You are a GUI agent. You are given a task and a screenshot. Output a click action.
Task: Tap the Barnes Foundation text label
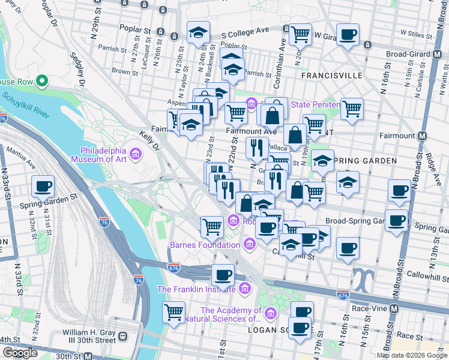pyautogui.click(x=205, y=245)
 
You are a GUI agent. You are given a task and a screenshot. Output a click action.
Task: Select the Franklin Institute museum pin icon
pyautogui.click(x=244, y=289)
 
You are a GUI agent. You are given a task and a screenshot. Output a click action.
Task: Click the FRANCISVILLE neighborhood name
pyautogui.click(x=332, y=76)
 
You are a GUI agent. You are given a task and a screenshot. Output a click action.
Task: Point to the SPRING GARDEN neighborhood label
pyautogui.click(x=365, y=161)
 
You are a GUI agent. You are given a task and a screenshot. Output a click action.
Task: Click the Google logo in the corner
pyautogui.click(x=19, y=353)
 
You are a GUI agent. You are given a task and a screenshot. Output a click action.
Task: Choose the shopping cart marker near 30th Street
pyautogui.click(x=173, y=311)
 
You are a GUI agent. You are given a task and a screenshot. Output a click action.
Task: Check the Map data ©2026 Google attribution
pyautogui.click(x=411, y=355)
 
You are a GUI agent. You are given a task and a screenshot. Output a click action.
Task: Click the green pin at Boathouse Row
pyautogui.click(x=41, y=80)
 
